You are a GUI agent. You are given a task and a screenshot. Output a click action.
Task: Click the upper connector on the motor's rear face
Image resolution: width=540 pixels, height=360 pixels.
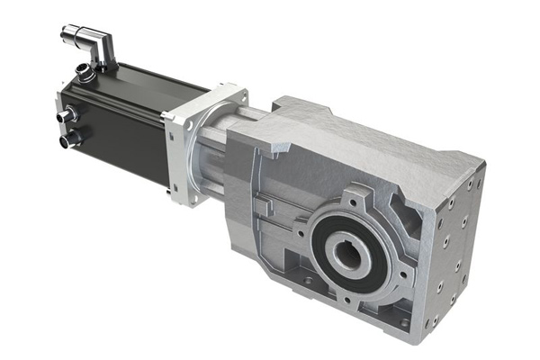pyautogui.click(x=67, y=117)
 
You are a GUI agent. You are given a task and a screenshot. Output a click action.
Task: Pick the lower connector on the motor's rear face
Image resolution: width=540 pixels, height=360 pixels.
pyautogui.click(x=67, y=141)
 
